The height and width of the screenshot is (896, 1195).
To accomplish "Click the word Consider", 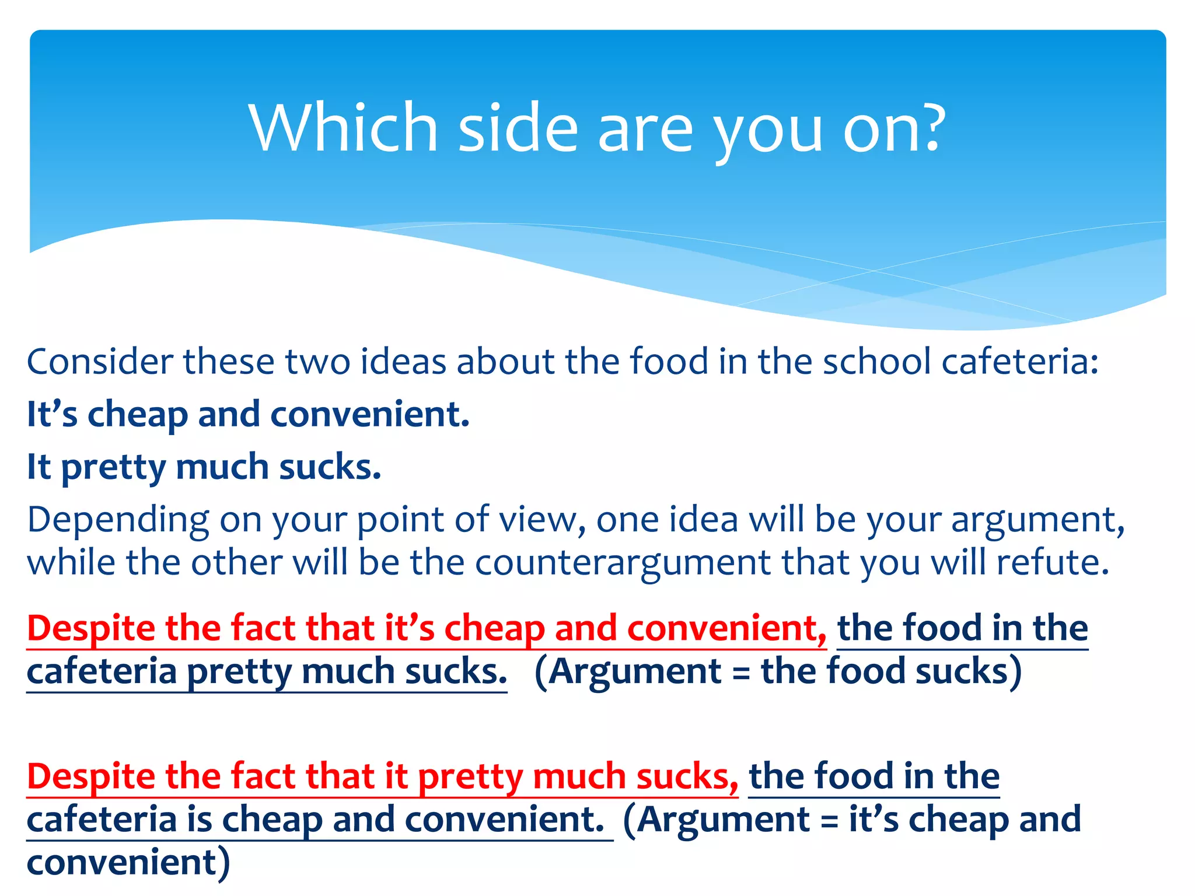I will click(x=100, y=362).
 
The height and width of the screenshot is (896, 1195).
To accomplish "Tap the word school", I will click(x=876, y=362).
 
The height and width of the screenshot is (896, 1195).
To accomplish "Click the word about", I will click(x=505, y=362).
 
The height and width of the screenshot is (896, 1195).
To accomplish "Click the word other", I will click(x=236, y=563).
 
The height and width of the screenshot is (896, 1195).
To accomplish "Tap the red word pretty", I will click(x=470, y=778).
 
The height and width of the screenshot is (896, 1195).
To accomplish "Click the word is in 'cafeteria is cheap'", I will click(x=200, y=820).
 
